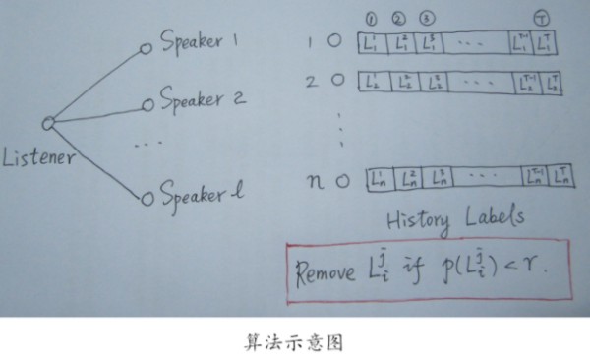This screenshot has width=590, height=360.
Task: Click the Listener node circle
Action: click(x=47, y=123)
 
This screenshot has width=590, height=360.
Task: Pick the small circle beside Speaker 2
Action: click(x=147, y=102)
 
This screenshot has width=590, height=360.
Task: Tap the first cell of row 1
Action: click(x=374, y=43)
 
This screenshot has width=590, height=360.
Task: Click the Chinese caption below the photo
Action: click(x=294, y=343)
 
